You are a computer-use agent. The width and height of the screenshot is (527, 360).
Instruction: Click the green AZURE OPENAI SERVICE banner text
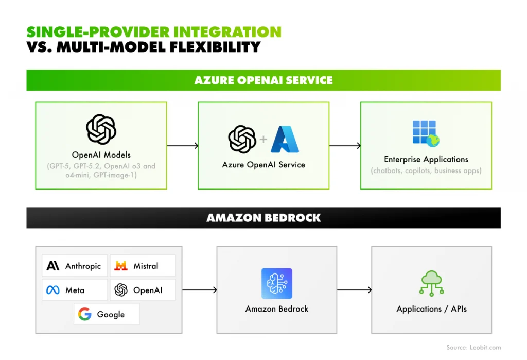[263, 80]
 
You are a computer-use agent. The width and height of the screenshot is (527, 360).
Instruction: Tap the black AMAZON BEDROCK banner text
[263, 218]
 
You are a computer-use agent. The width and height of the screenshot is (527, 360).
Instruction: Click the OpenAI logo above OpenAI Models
[101, 129]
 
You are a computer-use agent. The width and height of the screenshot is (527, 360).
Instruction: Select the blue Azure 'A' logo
[285, 139]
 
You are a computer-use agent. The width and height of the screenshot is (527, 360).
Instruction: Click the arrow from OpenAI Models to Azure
[182, 146]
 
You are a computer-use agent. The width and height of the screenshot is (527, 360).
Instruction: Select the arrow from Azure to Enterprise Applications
[345, 146]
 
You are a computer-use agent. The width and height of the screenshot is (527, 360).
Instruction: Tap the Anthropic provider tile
[75, 266]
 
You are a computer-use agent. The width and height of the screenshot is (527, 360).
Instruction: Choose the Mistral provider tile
[143, 266]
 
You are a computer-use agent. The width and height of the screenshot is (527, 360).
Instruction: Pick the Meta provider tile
[75, 290]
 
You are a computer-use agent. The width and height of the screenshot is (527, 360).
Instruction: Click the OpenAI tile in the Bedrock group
[143, 290]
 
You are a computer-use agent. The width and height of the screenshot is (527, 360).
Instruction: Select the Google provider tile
[107, 314]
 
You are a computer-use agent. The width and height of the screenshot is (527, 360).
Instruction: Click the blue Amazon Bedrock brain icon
[276, 283]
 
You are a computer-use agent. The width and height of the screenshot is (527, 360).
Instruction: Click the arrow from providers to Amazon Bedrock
[199, 290]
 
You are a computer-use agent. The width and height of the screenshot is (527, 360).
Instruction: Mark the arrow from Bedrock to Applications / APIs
[354, 290]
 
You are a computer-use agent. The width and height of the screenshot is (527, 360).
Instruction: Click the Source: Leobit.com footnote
[473, 348]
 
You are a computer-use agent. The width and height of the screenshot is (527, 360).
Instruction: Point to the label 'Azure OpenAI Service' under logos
[263, 165]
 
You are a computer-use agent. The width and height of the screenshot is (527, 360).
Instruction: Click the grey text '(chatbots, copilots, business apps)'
[426, 170]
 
